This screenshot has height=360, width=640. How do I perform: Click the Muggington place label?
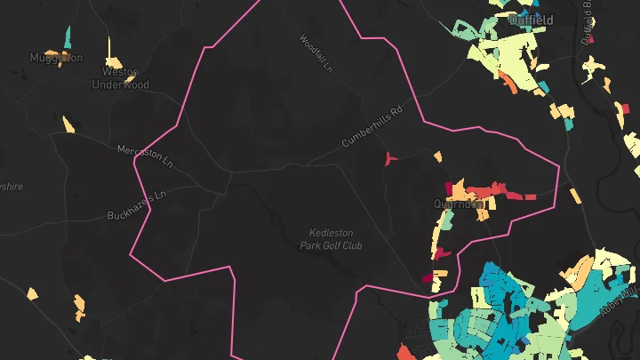(x=55, y=58)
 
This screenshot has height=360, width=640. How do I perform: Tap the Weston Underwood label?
(x=121, y=78)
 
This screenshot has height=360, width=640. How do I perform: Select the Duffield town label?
(x=531, y=20)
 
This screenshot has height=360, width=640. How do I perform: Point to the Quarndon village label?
(x=459, y=204)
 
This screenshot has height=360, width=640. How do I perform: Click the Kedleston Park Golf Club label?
(x=332, y=238)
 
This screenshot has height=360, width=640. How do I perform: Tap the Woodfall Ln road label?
(x=316, y=53)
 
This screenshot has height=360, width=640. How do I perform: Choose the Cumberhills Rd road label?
(x=372, y=130)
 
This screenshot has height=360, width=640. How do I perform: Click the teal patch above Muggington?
(x=68, y=37)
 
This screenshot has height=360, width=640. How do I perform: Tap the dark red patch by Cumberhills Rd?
(x=388, y=158)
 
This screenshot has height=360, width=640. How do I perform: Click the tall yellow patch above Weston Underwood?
(x=109, y=48)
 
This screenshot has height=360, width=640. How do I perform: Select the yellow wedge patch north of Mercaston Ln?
(x=67, y=124)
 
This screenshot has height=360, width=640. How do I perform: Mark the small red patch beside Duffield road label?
(x=592, y=38)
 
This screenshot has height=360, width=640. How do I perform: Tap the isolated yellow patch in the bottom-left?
(x=32, y=292)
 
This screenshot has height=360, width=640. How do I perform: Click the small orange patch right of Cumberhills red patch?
(x=437, y=157)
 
